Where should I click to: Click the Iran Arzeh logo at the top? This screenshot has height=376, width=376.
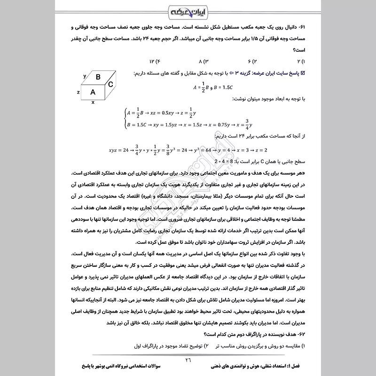[188, 10]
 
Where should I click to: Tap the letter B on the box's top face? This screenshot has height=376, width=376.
[98, 77]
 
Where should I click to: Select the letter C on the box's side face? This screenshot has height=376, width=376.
[110, 85]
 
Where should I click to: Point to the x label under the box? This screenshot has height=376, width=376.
[93, 102]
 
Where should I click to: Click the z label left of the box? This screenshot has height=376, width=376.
[78, 92]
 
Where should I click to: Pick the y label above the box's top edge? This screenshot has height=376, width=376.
[84, 76]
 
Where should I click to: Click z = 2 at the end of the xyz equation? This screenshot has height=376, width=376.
[259, 150]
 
